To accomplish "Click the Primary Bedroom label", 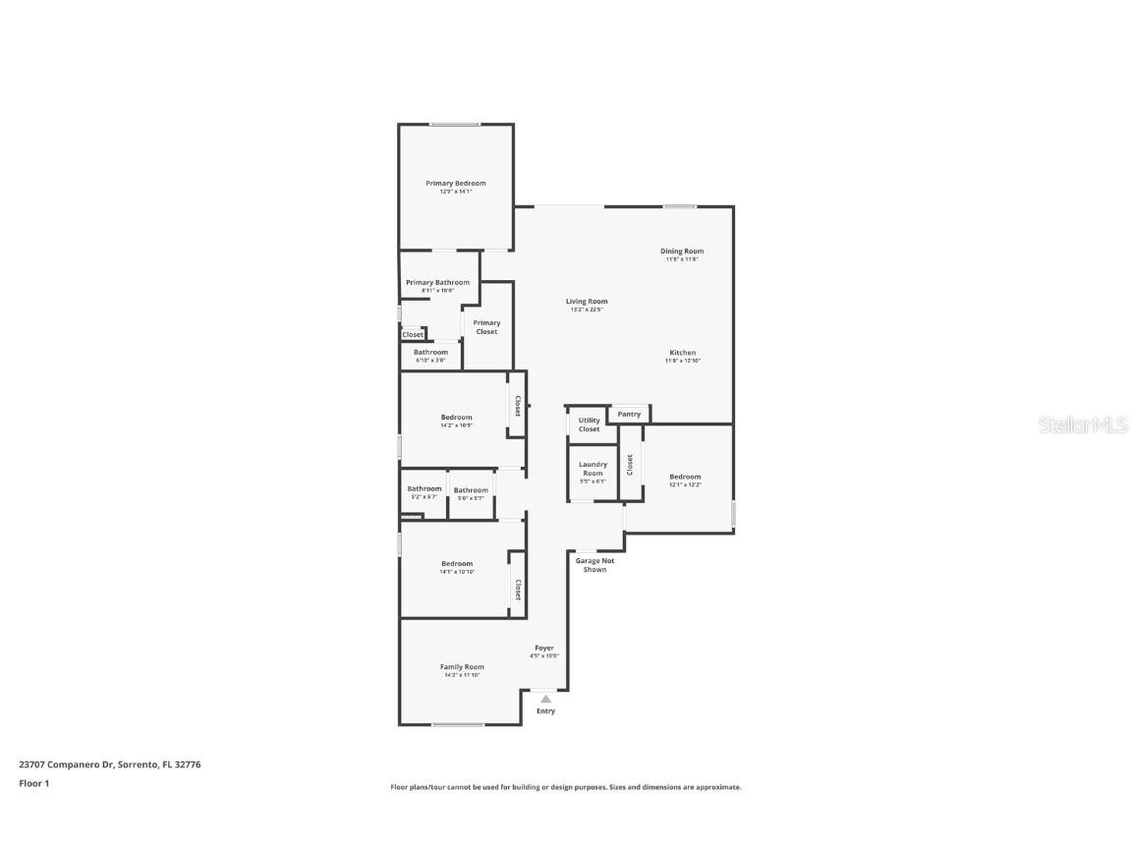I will pyautogui.click(x=455, y=184).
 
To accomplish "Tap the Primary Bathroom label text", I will pyautogui.click(x=437, y=283).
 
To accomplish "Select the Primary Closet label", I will pyautogui.click(x=486, y=327).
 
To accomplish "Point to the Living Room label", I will pyautogui.click(x=587, y=302).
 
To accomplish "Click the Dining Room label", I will pyautogui.click(x=681, y=252).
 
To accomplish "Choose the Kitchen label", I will pyautogui.click(x=683, y=353).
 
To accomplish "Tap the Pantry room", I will pyautogui.click(x=629, y=415).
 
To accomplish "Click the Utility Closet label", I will pyautogui.click(x=589, y=424).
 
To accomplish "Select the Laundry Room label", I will pyautogui.click(x=593, y=469).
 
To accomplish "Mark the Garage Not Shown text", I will pyautogui.click(x=594, y=565).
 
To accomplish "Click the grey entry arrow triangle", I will pyautogui.click(x=545, y=699).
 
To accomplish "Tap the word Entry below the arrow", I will pyautogui.click(x=545, y=711).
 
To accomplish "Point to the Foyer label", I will pyautogui.click(x=544, y=648).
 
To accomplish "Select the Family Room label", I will pyautogui.click(x=462, y=667).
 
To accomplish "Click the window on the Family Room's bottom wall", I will pyautogui.click(x=458, y=725).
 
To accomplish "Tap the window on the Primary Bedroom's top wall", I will pyautogui.click(x=454, y=125).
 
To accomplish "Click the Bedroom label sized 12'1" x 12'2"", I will pyautogui.click(x=685, y=477).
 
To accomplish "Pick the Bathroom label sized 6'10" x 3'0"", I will pyautogui.click(x=430, y=353).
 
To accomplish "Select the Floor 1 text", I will pyautogui.click(x=33, y=783).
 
